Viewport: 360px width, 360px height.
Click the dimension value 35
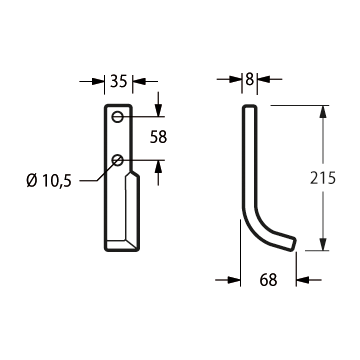point(119,81)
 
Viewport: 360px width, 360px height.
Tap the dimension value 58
point(158,137)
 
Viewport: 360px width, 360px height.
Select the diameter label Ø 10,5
point(49,181)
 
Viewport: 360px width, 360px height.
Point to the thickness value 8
point(249,79)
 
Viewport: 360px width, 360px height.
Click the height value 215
point(323,178)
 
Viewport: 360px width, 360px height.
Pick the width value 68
point(269,280)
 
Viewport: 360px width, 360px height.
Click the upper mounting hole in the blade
point(118,117)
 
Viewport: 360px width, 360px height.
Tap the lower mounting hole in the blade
point(118,160)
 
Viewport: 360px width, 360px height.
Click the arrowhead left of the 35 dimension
point(98,81)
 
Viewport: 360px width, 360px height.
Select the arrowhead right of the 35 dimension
point(140,81)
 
